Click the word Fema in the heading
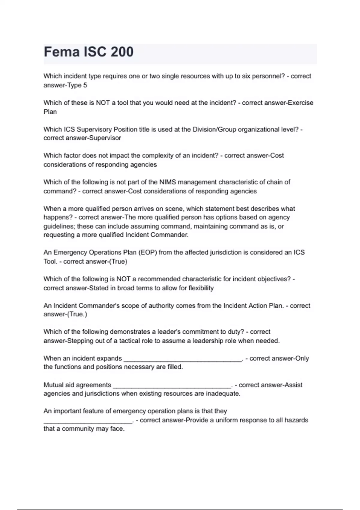62,52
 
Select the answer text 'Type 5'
77,85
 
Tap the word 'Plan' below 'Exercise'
50,112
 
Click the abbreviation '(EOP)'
147,252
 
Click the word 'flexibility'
201,288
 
